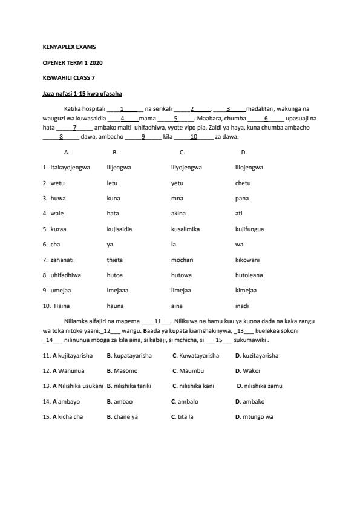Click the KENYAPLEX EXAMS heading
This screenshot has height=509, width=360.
pos(69,47)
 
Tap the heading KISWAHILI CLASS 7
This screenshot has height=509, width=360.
pos(68,78)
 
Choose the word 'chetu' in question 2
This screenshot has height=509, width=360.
pos(243,183)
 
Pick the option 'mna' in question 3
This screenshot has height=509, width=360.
pos(177,198)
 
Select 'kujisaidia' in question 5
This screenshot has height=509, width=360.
pos(119,229)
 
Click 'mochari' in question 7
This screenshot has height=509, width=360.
pos(182,260)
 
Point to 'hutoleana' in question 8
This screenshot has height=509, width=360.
pos(249,275)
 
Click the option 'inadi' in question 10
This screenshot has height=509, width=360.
pos(242,306)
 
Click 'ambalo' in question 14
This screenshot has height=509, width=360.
pos(187,401)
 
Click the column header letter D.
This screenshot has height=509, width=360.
pos(244,153)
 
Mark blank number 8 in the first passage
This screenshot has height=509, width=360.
pos(61,137)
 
